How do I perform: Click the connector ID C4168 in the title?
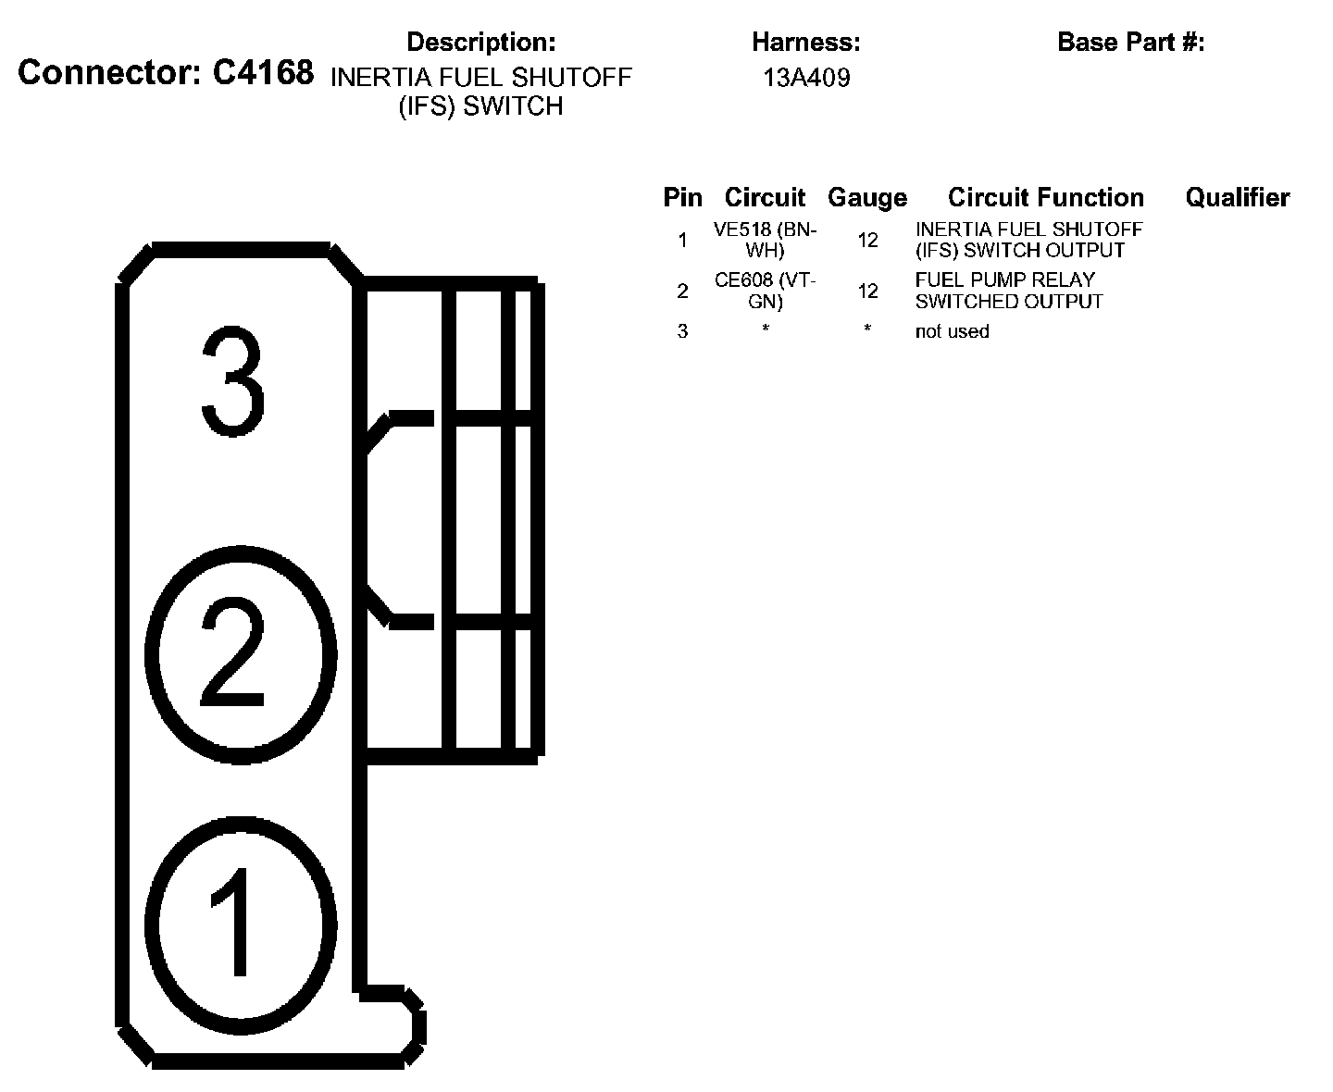coord(263,74)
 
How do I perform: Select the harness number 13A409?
coord(806,78)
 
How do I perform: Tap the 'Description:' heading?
coord(481,42)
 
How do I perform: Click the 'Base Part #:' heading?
coord(1130,42)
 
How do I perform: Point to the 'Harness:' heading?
coord(806,42)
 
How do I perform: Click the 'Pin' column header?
coord(682,197)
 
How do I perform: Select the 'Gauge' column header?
coord(867,197)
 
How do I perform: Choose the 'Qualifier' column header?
coord(1237,197)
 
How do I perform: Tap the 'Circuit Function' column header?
coord(1046,197)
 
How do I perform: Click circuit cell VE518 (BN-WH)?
coord(766,240)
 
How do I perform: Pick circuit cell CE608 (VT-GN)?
coord(766,291)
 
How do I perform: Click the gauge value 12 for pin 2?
coord(867,292)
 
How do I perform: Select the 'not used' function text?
coord(952,331)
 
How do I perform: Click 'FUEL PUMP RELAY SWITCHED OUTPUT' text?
coord(1008,291)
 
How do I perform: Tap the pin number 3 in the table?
coord(682,331)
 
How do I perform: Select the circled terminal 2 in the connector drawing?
coord(243,653)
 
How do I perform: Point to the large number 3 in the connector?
coord(233,381)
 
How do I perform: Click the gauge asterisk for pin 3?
coord(867,329)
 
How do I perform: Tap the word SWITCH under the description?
coord(512,106)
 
